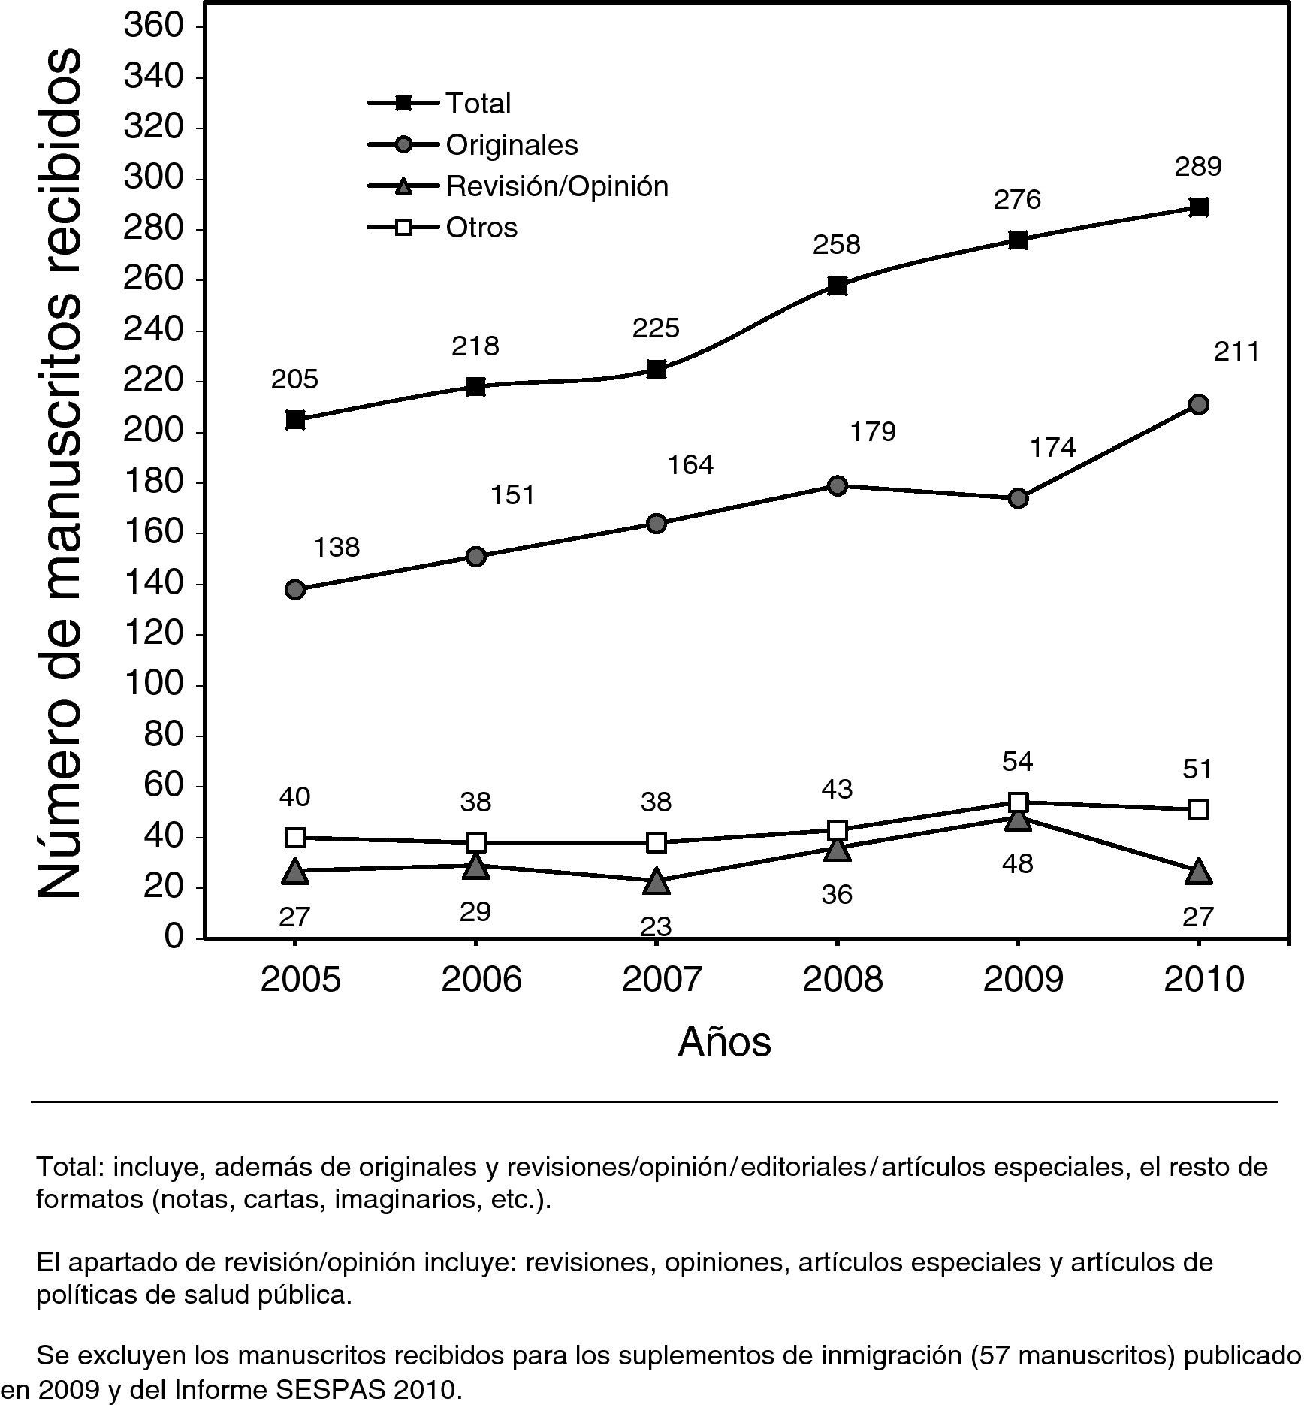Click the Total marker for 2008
click(x=837, y=286)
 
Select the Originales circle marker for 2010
click(x=1199, y=405)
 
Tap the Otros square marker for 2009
click(x=1018, y=802)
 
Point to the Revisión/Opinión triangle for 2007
click(x=657, y=881)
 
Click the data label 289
click(x=1198, y=166)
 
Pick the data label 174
click(x=1052, y=448)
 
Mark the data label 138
click(x=337, y=548)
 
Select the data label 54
click(x=1017, y=762)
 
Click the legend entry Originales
click(x=512, y=144)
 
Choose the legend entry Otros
click(x=481, y=227)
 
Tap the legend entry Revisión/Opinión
click(x=557, y=186)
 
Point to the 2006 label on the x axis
click(x=481, y=980)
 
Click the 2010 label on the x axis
click(x=1203, y=980)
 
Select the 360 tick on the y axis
click(x=163, y=26)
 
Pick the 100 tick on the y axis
click(x=163, y=684)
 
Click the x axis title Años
click(x=724, y=1041)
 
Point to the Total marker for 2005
click(x=295, y=419)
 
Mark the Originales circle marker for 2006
click(x=475, y=557)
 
